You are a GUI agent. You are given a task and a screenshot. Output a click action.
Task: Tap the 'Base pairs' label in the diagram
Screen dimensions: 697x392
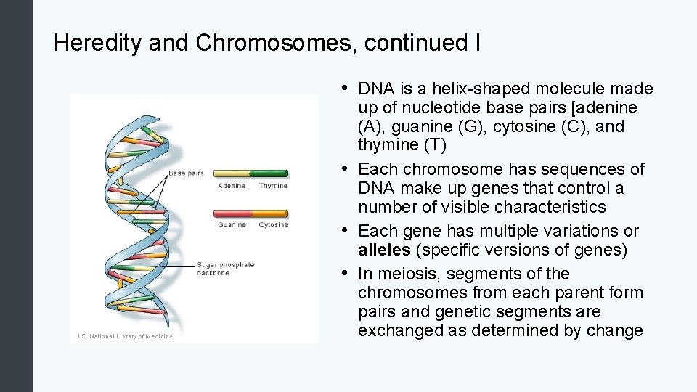pos(186,173)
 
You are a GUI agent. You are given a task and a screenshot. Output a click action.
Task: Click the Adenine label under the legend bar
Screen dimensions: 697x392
pos(232,186)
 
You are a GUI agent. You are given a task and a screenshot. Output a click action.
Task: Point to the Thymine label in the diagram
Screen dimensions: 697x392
pos(273,186)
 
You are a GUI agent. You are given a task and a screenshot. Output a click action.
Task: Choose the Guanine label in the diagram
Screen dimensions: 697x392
pos(232,225)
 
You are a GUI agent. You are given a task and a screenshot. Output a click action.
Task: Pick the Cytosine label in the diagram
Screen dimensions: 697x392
pos(273,225)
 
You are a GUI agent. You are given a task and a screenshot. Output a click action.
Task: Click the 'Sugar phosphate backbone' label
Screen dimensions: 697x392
pos(225,269)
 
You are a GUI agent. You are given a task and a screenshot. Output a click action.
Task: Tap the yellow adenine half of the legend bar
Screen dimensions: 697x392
pos(232,174)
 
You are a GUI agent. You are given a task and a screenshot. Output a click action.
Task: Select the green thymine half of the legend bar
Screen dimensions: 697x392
pos(269,174)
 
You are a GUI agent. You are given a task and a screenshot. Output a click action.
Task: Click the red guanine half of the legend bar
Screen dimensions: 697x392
pos(232,213)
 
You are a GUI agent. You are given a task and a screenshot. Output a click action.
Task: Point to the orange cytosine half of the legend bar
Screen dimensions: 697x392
pos(269,213)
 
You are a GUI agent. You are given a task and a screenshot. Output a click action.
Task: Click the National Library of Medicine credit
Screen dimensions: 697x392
pos(125,336)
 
